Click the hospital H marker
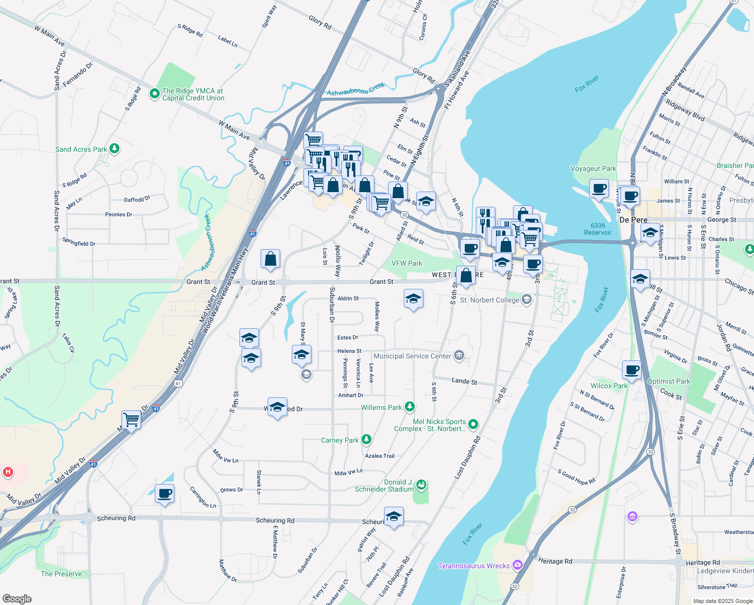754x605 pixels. pos(8,472)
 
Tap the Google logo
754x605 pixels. pos(17,599)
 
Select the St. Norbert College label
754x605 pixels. pos(489,300)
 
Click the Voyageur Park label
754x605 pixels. pos(593,168)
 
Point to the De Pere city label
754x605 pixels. pos(633,220)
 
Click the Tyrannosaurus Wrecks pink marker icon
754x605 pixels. pos(518,565)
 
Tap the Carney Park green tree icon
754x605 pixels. pos(366,440)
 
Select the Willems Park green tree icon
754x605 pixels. pos(410,407)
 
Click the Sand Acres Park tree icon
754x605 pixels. pos(115,149)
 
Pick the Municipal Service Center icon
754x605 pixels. pos(459,356)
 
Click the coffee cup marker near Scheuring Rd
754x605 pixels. pos(164,494)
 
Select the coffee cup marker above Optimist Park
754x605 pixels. pos(632,370)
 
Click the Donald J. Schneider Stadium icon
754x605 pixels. pos(421,485)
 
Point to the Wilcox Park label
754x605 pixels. pos(609,386)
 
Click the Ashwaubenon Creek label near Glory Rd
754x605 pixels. pos(355,89)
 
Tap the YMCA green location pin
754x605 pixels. pos(154,94)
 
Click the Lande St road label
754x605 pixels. pos(464,381)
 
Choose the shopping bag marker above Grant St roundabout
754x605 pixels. pos(270,259)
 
